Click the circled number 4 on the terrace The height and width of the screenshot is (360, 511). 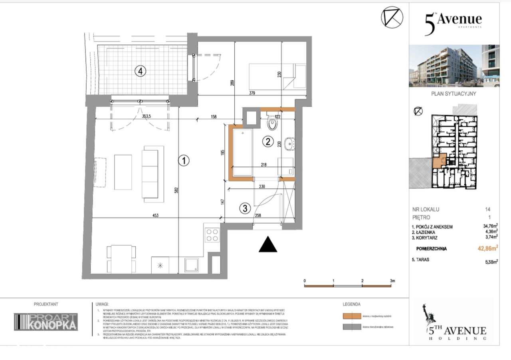(x=140, y=72)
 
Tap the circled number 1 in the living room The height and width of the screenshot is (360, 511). (x=183, y=161)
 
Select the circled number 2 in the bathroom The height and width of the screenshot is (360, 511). (x=268, y=141)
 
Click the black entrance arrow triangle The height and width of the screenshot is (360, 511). (x=268, y=244)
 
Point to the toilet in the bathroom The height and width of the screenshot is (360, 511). (x=272, y=123)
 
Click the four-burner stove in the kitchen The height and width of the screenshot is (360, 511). (x=212, y=235)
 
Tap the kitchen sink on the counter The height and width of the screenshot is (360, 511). (x=192, y=265)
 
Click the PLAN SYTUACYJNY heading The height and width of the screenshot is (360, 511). (x=454, y=95)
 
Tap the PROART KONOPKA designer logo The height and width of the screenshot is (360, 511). (x=46, y=322)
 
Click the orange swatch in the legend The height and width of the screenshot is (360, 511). (x=351, y=316)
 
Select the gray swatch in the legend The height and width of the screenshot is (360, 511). (x=351, y=327)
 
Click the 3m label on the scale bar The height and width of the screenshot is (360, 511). (x=392, y=281)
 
